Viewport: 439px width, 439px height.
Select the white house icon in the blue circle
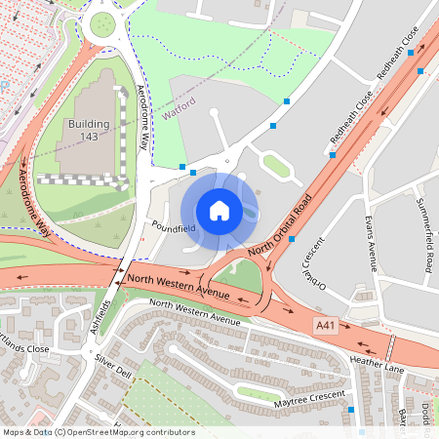click(219, 211)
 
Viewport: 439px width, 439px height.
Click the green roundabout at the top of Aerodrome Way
click(101, 24)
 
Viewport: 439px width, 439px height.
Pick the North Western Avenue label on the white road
click(194, 313)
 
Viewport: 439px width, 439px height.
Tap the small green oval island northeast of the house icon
click(276, 167)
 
